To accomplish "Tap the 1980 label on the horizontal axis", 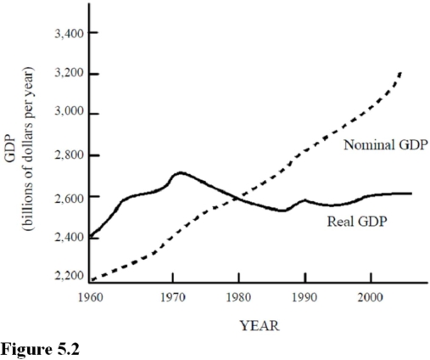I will [x=238, y=299].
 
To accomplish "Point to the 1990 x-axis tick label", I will [x=304, y=299].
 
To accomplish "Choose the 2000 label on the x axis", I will [x=370, y=299].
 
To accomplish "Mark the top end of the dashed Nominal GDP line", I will [x=399, y=74].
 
